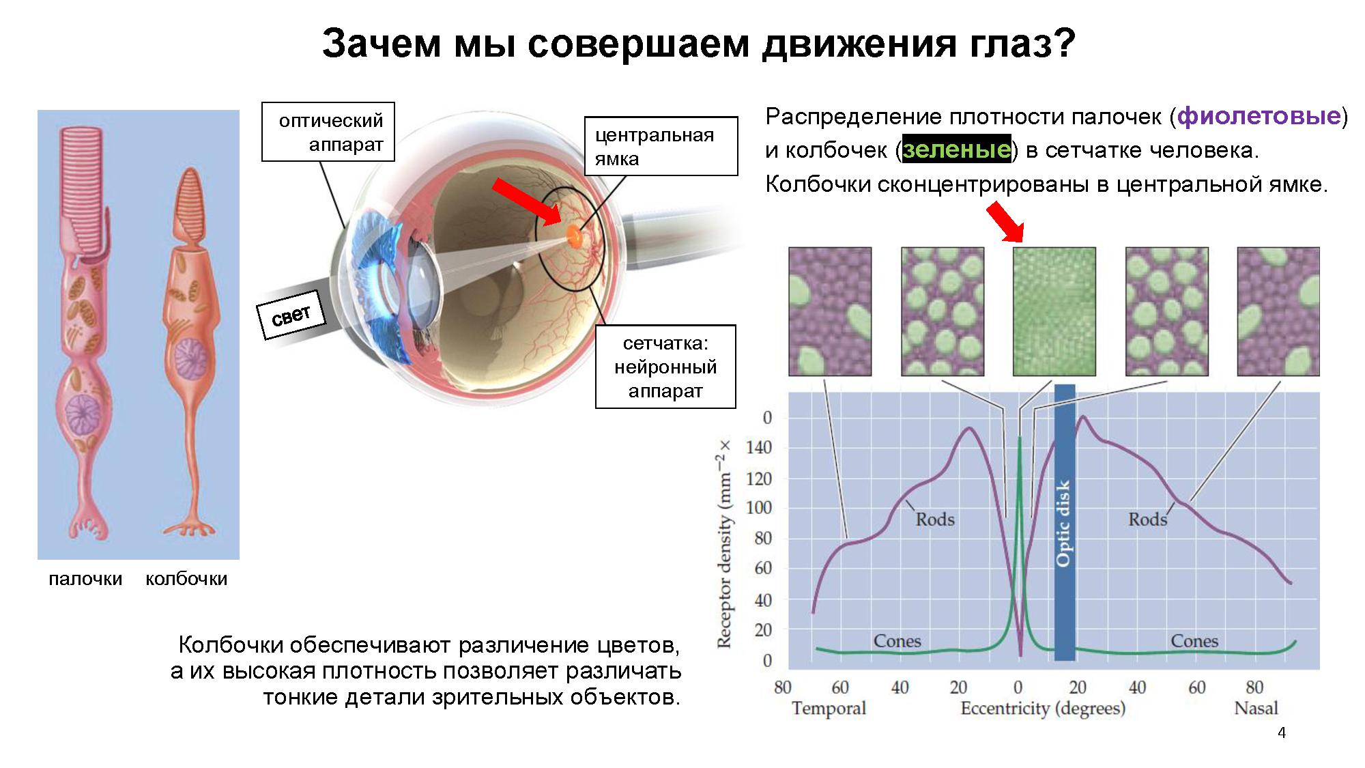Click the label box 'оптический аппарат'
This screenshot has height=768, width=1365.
[x=328, y=132]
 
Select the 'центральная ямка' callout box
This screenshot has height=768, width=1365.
[x=661, y=146]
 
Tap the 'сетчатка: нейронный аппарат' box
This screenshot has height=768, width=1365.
[x=665, y=367]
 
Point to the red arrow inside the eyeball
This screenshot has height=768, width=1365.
[x=527, y=201]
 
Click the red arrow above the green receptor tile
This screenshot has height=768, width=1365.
[x=1005, y=221]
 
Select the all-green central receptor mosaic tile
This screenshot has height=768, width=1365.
[x=1054, y=311]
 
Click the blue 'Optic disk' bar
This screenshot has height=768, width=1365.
[x=1065, y=522]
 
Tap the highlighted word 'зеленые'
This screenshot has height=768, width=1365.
[x=956, y=150]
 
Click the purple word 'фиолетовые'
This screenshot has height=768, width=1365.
[x=1259, y=116]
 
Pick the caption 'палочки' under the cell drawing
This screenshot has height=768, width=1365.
[x=85, y=579]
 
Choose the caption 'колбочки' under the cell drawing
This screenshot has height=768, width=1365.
[x=186, y=579]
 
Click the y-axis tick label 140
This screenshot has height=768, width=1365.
[x=759, y=448]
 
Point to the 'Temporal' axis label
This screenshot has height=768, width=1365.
[x=829, y=708]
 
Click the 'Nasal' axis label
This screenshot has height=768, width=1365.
[x=1256, y=708]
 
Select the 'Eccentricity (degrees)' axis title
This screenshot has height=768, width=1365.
[x=1043, y=709]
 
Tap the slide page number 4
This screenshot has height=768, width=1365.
[x=1282, y=733]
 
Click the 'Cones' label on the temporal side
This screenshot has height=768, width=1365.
[x=897, y=641]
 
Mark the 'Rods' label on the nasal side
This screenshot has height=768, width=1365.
[x=1147, y=520]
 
